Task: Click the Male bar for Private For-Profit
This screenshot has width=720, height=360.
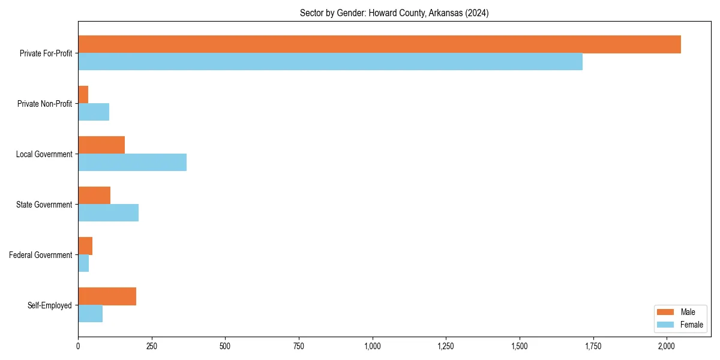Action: (379, 44)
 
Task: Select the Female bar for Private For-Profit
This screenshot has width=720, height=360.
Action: (330, 62)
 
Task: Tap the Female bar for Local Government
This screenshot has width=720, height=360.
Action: (132, 163)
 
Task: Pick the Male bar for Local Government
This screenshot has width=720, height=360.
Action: (101, 145)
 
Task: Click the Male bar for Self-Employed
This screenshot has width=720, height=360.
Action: (107, 296)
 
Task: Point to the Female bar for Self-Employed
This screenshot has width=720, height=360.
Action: (90, 314)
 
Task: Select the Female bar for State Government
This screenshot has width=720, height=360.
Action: (108, 213)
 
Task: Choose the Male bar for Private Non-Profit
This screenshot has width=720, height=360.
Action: (83, 95)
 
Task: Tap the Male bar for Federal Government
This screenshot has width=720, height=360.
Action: (85, 246)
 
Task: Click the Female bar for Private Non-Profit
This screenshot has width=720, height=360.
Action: (94, 112)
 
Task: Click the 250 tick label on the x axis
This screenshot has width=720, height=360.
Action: (152, 346)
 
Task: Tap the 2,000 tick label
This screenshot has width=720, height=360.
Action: (667, 346)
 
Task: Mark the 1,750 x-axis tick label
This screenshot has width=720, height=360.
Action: (593, 346)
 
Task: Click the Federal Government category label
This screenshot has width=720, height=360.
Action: (41, 255)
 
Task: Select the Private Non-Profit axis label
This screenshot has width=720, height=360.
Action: (44, 104)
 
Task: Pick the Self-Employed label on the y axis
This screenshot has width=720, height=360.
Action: (50, 305)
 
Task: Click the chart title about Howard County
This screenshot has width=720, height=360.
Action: (394, 13)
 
